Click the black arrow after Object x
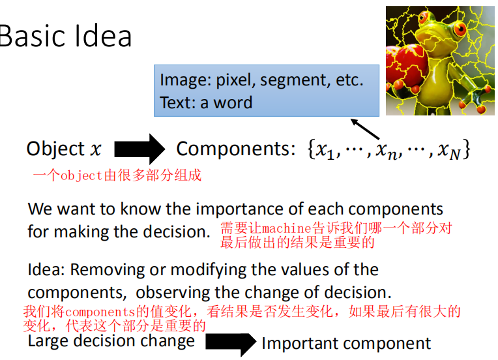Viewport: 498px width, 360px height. coord(139,149)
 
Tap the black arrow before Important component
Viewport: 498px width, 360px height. coord(231,344)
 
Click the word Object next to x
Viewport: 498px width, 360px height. coord(55,149)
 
